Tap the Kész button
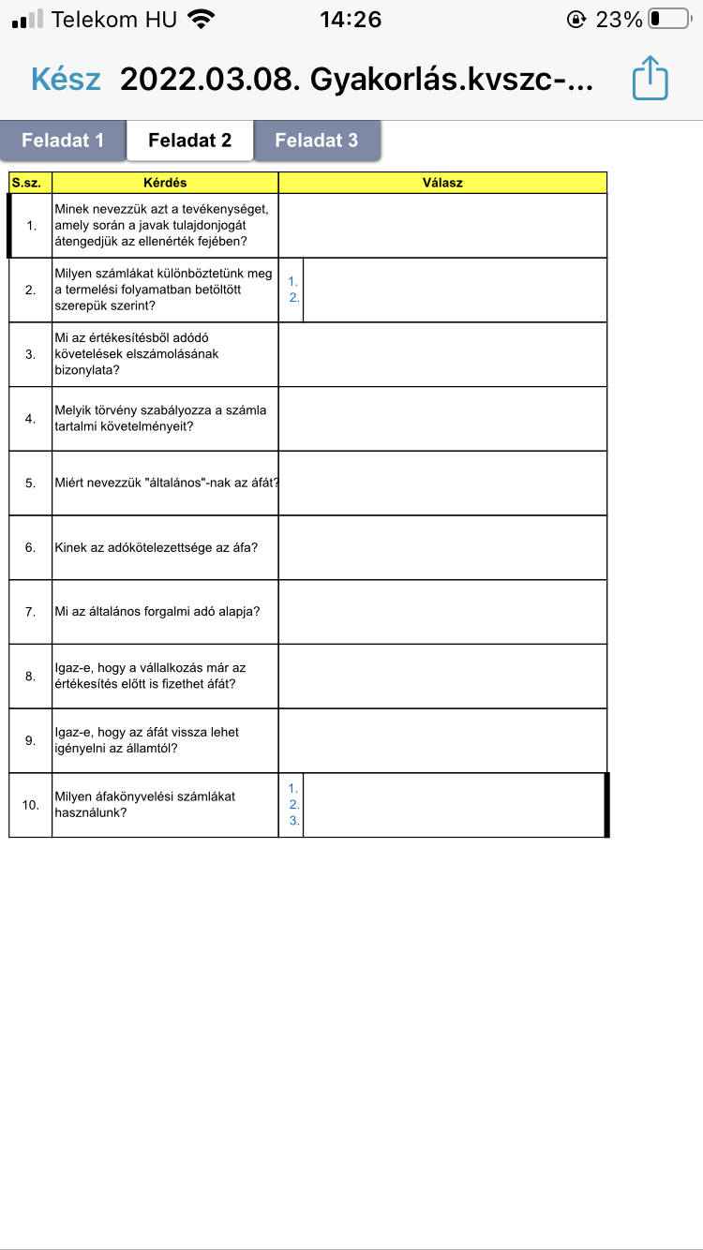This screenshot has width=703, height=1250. point(66,79)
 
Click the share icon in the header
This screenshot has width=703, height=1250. point(650,78)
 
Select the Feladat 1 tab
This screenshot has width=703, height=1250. point(63,141)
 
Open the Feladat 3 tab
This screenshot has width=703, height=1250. point(317,141)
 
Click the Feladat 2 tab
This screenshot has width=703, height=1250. point(189,141)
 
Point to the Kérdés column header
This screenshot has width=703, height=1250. point(165,183)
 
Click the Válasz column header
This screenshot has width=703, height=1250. point(442,183)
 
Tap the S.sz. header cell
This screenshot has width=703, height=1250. point(30,183)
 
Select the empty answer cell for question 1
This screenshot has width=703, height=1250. point(442,225)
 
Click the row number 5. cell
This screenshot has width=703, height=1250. point(30,484)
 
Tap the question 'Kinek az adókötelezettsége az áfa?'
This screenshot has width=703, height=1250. point(156,547)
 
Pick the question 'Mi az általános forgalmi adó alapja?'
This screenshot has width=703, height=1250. point(157,612)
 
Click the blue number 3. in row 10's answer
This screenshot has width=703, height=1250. point(293,821)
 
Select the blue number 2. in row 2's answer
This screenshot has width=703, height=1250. point(293,298)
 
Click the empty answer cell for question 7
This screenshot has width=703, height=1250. point(442,612)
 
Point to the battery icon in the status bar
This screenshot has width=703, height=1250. point(668,19)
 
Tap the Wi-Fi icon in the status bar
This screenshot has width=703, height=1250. point(200,19)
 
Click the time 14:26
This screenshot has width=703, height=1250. point(351,19)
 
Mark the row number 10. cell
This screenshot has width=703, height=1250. point(30,805)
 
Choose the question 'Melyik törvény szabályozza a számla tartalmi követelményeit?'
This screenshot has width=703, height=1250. point(161,419)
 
